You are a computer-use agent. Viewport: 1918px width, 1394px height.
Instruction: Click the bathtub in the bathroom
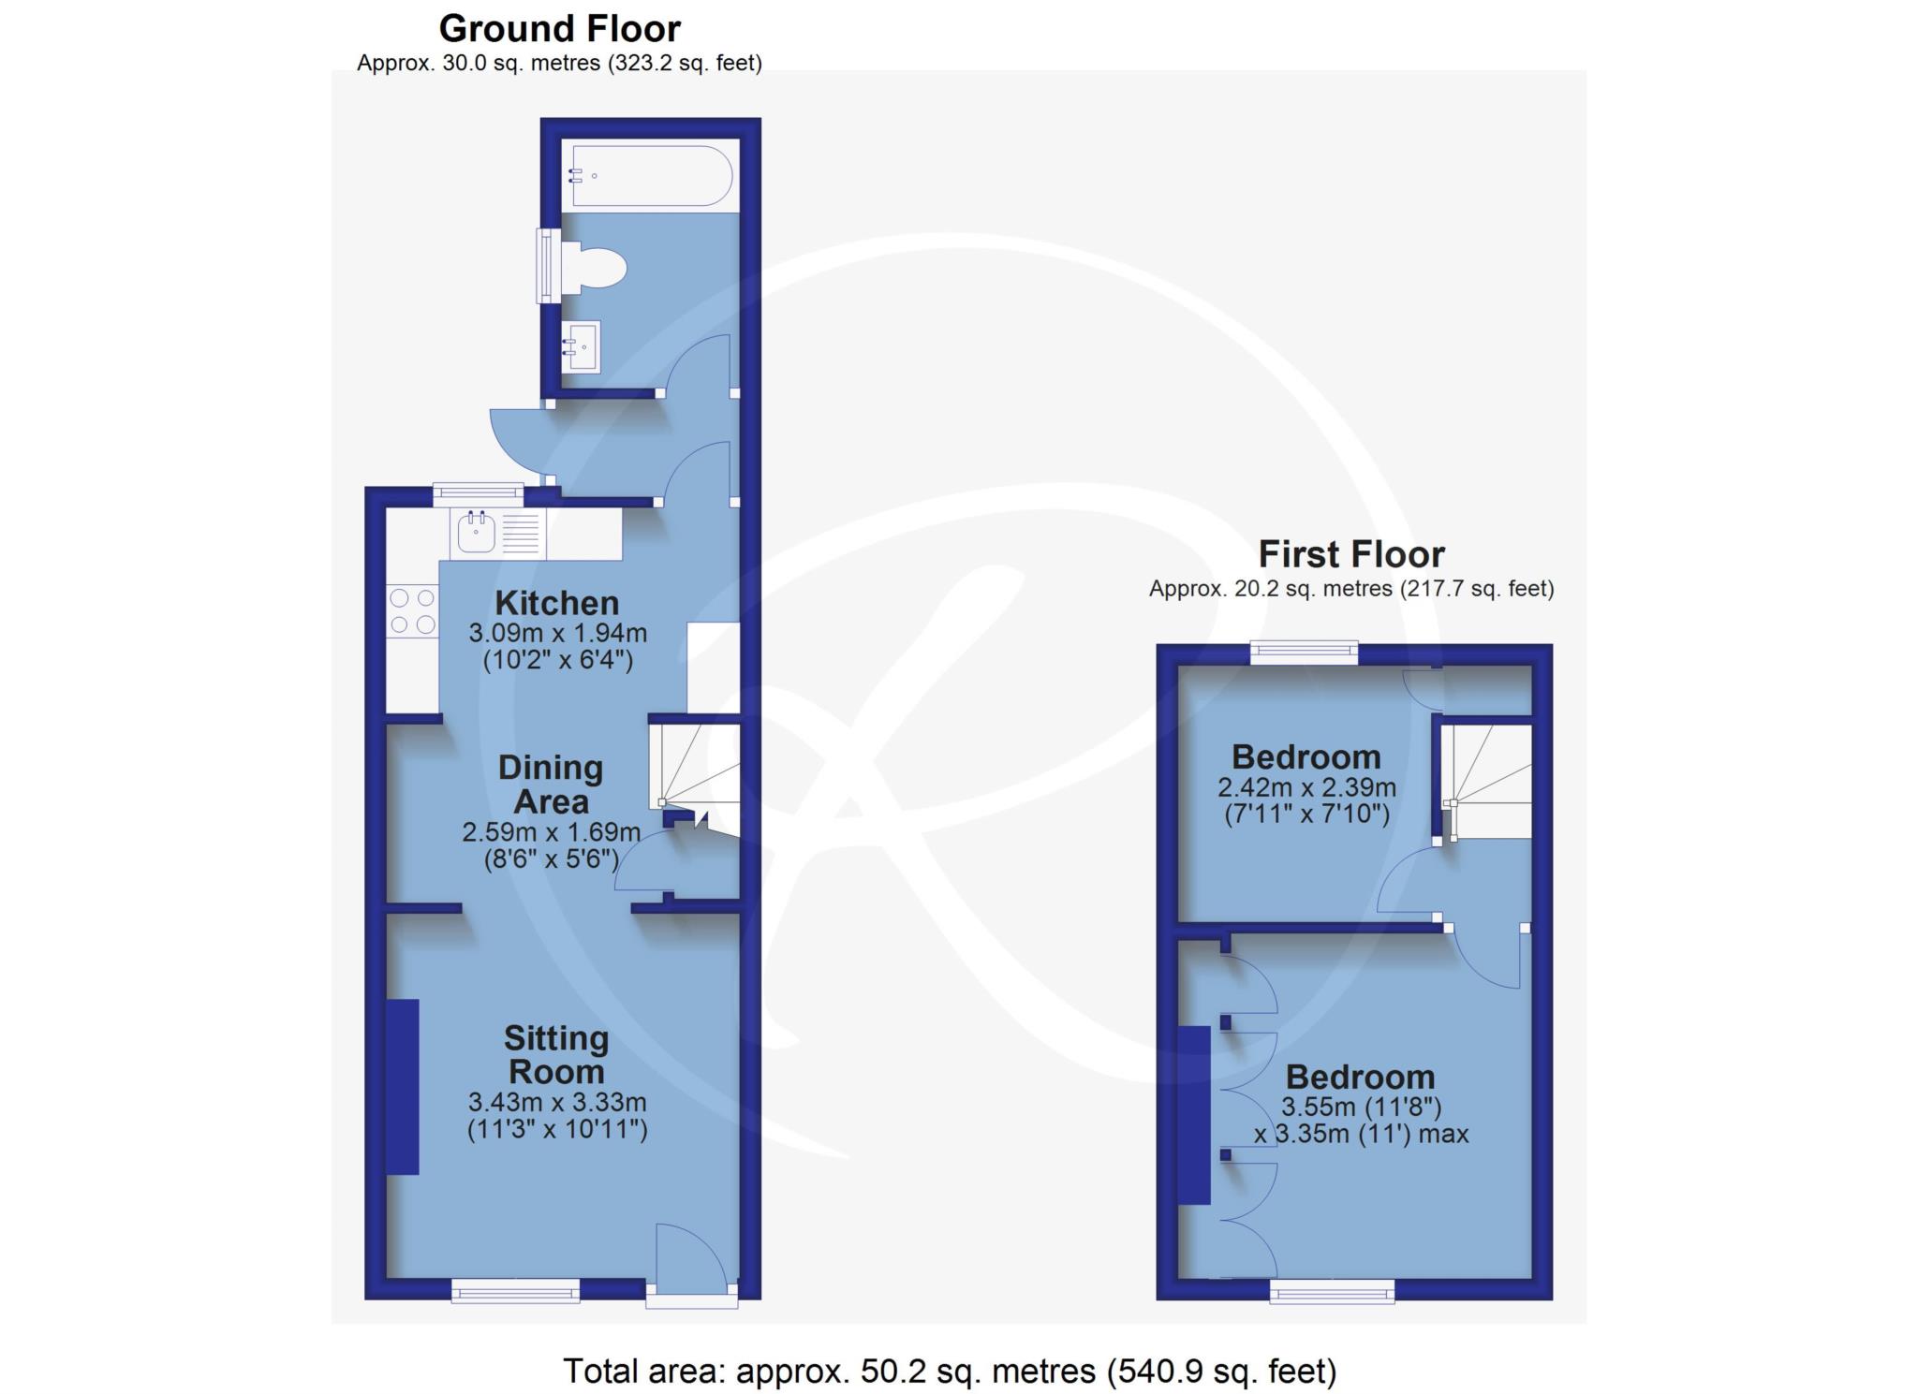[x=650, y=175]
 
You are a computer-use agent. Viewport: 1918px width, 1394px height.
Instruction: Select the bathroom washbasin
[x=581, y=346]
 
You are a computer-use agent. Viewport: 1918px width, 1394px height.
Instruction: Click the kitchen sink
[x=477, y=534]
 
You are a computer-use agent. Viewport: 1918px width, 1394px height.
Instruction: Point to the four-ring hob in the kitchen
[x=412, y=610]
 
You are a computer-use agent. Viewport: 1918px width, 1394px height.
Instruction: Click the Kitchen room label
[x=557, y=602]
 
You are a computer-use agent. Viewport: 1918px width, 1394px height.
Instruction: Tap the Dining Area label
[x=551, y=785]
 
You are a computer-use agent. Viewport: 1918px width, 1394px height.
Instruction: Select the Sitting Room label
[x=556, y=1054]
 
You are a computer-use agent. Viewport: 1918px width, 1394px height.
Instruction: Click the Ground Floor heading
[x=560, y=29]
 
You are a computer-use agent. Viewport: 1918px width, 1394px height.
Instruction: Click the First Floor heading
[x=1351, y=554]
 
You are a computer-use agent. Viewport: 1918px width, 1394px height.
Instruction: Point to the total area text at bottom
[x=950, y=1371]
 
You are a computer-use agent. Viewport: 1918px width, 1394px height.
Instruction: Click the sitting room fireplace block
[x=403, y=1086]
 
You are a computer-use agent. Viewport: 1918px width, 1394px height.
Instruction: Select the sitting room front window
[x=515, y=1291]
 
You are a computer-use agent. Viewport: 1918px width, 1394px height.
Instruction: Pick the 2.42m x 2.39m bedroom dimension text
[x=1306, y=786]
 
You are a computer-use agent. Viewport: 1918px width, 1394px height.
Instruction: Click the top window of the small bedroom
[x=1304, y=653]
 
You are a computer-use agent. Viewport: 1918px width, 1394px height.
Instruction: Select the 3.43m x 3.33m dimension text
[x=557, y=1102]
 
